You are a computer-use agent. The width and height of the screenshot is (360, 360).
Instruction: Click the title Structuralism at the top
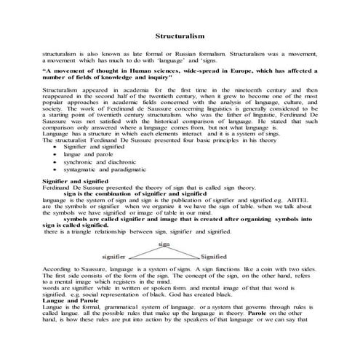(180, 35)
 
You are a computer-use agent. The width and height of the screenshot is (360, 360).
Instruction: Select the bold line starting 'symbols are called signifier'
(182, 218)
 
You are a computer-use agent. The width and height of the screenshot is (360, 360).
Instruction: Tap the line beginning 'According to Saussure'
(180, 268)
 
